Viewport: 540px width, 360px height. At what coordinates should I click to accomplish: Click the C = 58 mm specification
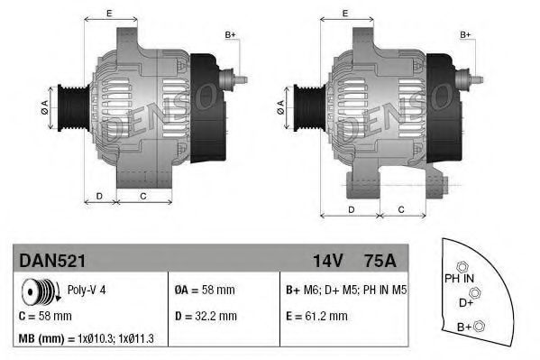46,316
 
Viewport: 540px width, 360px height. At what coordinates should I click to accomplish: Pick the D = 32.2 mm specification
206,316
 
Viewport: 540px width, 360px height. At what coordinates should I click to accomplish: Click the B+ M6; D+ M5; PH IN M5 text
344,291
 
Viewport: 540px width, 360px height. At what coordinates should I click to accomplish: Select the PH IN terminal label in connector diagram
459,280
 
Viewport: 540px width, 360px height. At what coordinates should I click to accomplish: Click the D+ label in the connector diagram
466,302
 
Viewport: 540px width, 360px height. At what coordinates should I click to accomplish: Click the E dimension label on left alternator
109,13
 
